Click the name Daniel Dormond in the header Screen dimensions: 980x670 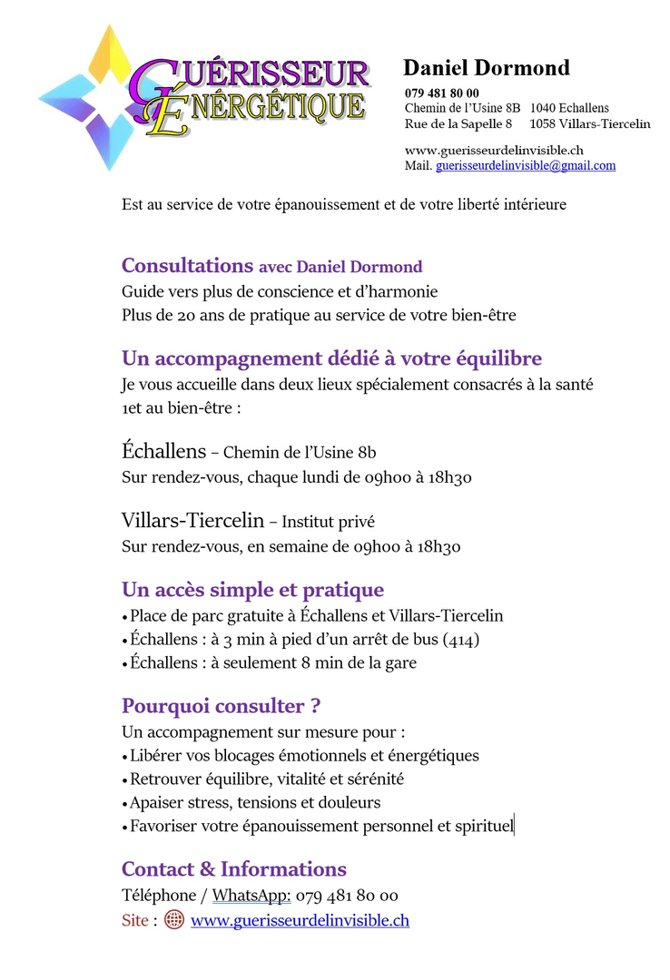[x=486, y=68]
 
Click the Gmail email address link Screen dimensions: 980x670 [x=526, y=166]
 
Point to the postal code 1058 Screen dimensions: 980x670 [x=543, y=123]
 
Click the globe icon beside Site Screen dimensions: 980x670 [x=174, y=919]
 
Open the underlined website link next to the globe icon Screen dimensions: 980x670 [x=300, y=920]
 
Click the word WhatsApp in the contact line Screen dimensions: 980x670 [x=251, y=896]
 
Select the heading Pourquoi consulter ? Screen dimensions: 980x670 [x=221, y=706]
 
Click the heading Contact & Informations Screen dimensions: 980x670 [x=233, y=869]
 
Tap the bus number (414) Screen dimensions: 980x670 [x=461, y=640]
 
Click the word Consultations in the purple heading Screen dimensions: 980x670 [x=187, y=266]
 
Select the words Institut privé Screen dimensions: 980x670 [x=328, y=523]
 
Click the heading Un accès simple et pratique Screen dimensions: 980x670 [x=252, y=591]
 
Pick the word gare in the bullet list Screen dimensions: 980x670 [x=400, y=662]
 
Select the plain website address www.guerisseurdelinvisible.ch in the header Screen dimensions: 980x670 [x=493, y=151]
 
